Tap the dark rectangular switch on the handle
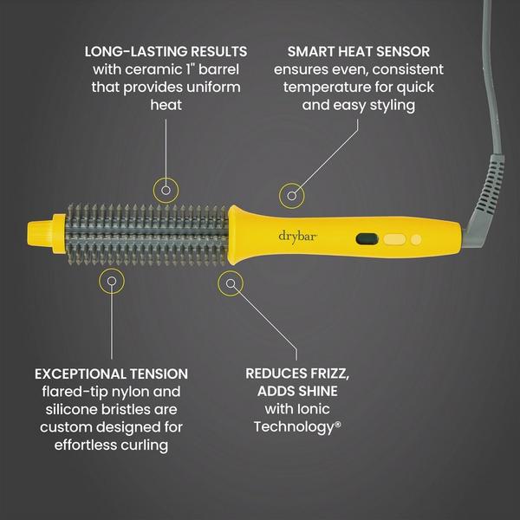pyautogui.click(x=366, y=236)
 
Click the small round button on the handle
pyautogui.click(x=416, y=237)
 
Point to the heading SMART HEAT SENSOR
pyautogui.click(x=359, y=51)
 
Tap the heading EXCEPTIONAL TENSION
pyautogui.click(x=111, y=374)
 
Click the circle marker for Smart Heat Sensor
pyautogui.click(x=292, y=195)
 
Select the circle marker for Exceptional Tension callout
pyautogui.click(x=110, y=280)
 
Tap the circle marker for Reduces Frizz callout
pyautogui.click(x=231, y=281)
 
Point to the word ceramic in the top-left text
pyautogui.click(x=147, y=68)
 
